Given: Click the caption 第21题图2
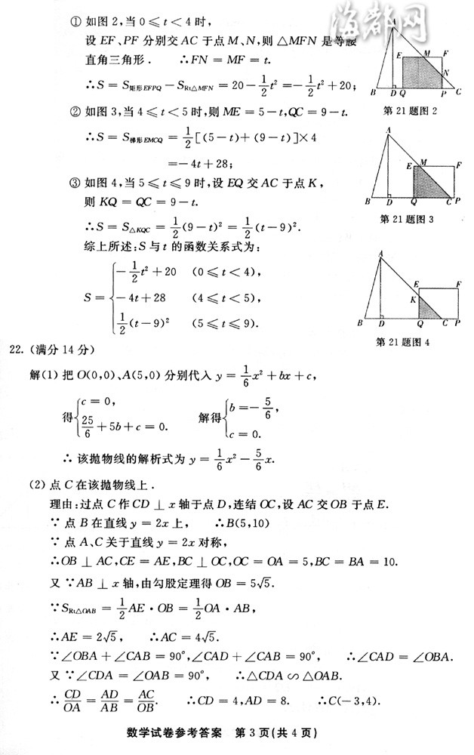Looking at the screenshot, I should tap(411, 112).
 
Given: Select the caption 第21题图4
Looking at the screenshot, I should tap(412, 342).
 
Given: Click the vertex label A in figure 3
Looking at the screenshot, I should tap(387, 130).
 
